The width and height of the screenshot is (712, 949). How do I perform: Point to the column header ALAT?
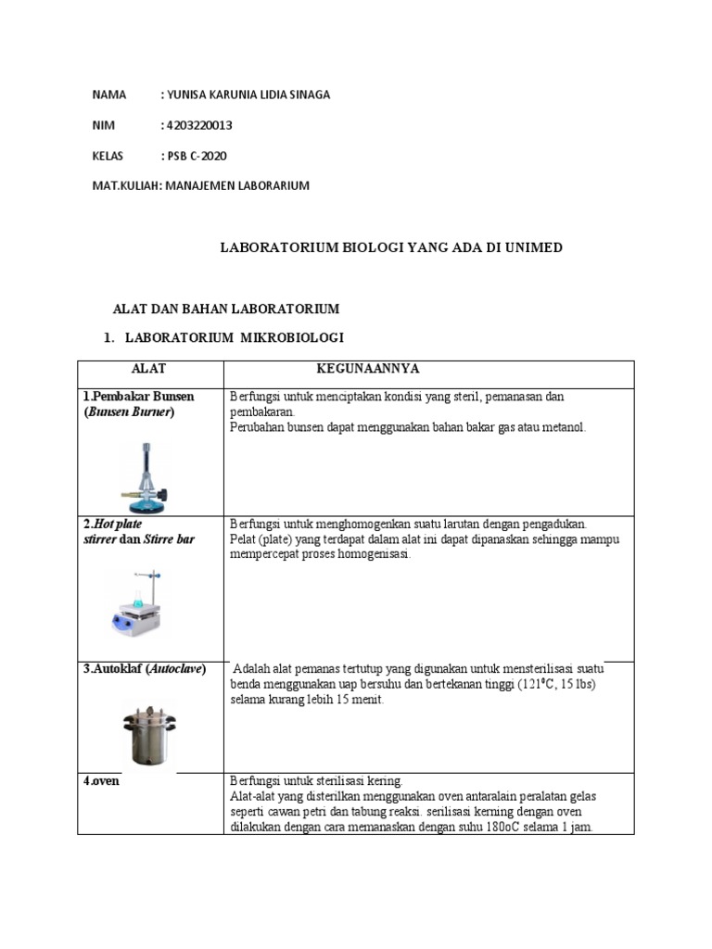click(x=148, y=369)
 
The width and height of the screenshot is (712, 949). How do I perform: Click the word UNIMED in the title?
click(x=531, y=247)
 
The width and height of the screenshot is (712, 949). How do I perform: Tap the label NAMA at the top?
click(x=108, y=95)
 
